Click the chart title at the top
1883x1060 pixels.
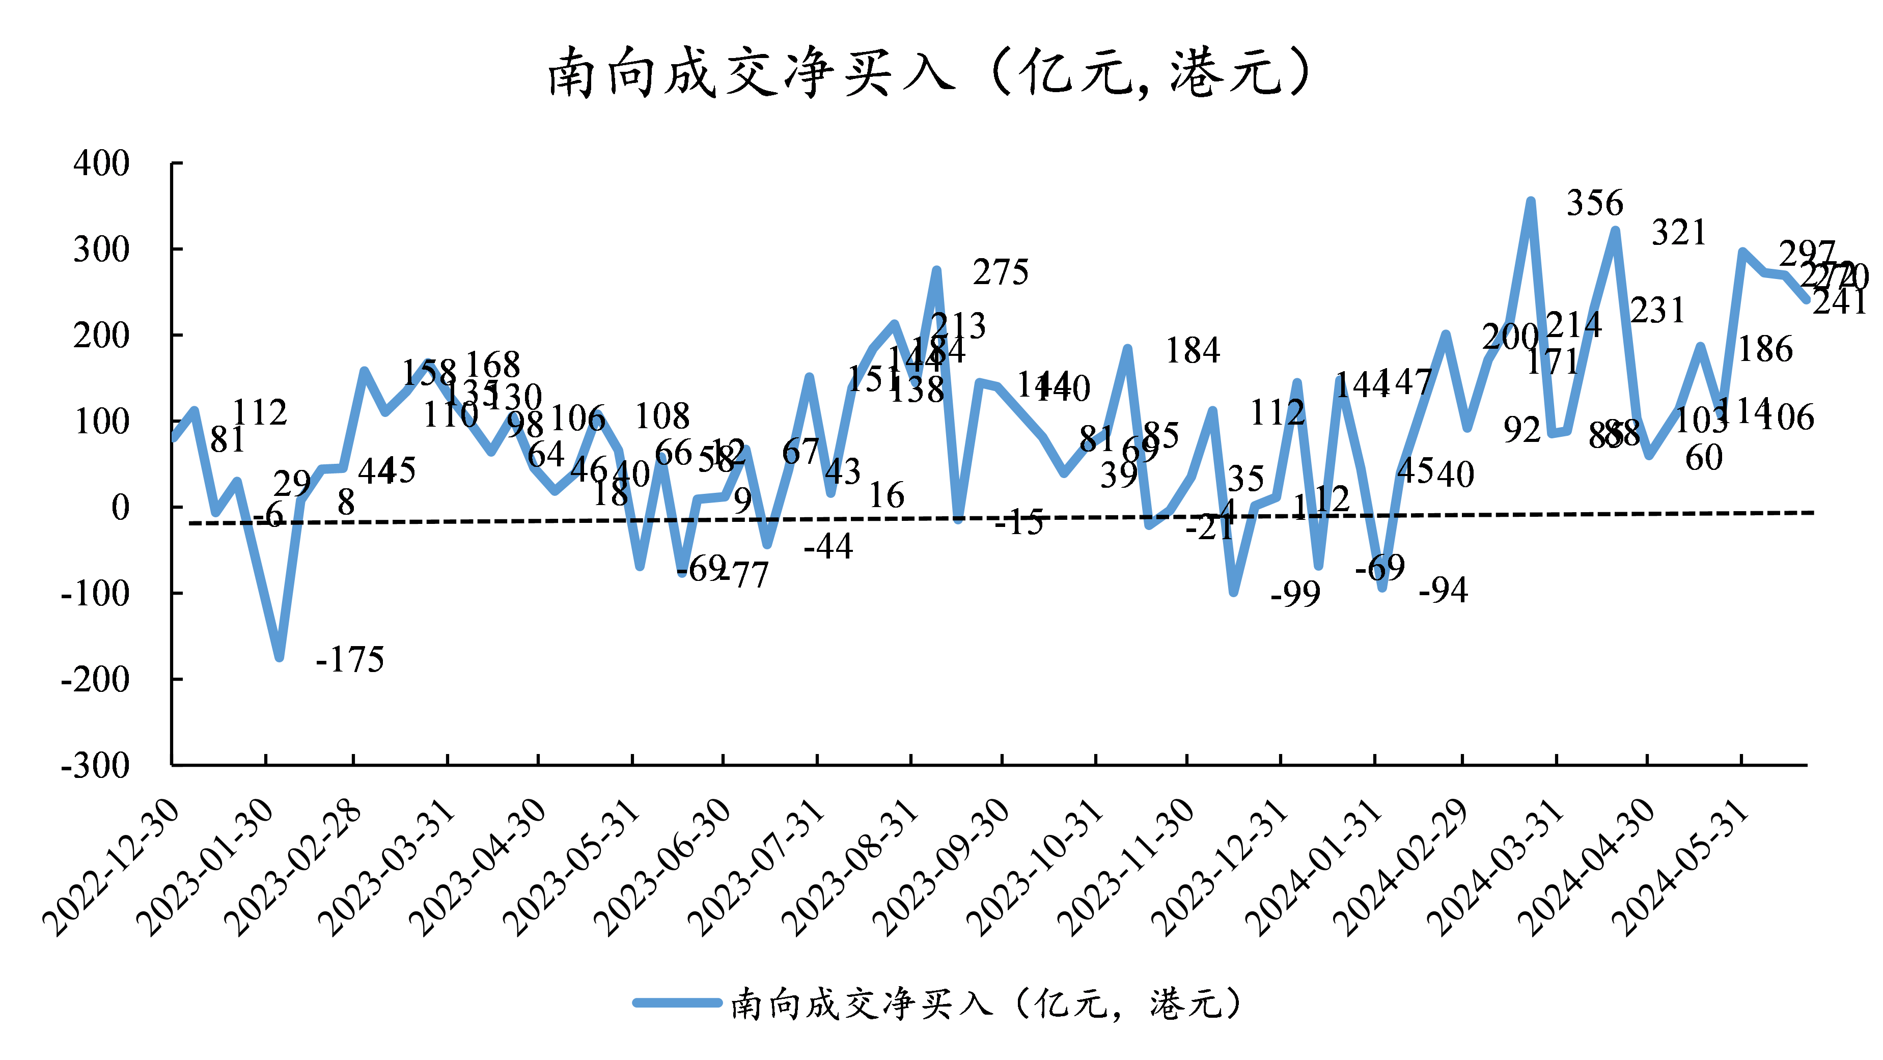[x=928, y=73]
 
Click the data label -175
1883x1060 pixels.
[x=349, y=659]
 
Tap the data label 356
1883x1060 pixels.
[x=1594, y=203]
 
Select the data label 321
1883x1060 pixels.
[x=1679, y=233]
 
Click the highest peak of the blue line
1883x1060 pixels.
[x=1531, y=201]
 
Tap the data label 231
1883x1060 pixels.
[x=1657, y=311]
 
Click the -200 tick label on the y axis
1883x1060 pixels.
[x=95, y=680]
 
